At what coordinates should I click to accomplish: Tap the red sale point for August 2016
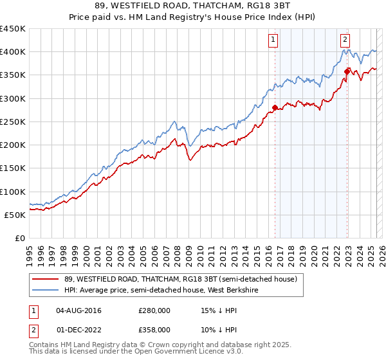(275, 107)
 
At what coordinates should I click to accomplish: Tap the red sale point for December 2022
(347, 71)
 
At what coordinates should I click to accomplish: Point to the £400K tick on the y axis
(13, 51)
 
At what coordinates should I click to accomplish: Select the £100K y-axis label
(13, 192)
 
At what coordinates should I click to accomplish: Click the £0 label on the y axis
(19, 239)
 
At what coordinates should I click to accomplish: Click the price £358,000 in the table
(154, 330)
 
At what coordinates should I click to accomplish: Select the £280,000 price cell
(154, 310)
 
